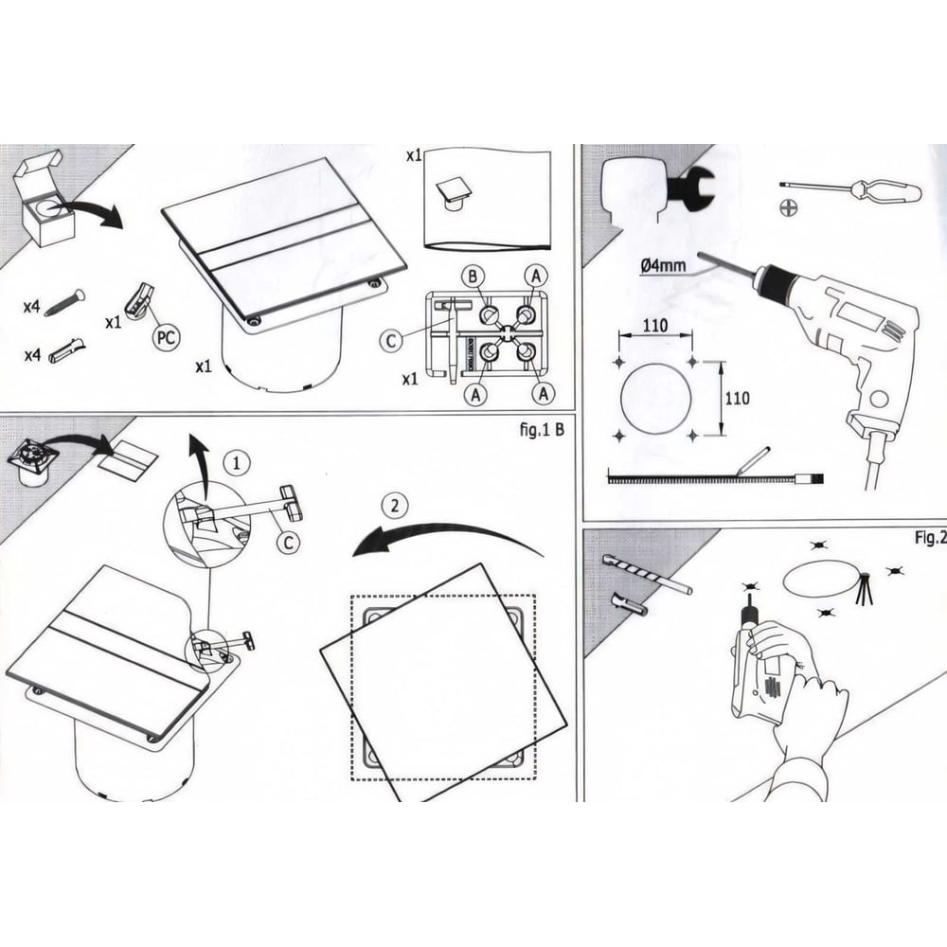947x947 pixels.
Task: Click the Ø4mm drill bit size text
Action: click(x=662, y=267)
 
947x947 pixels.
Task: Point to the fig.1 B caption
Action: click(x=543, y=429)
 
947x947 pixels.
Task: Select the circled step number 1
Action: click(x=237, y=463)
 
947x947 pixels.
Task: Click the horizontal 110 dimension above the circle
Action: click(x=654, y=325)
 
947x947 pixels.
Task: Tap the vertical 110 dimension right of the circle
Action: click(x=736, y=398)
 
